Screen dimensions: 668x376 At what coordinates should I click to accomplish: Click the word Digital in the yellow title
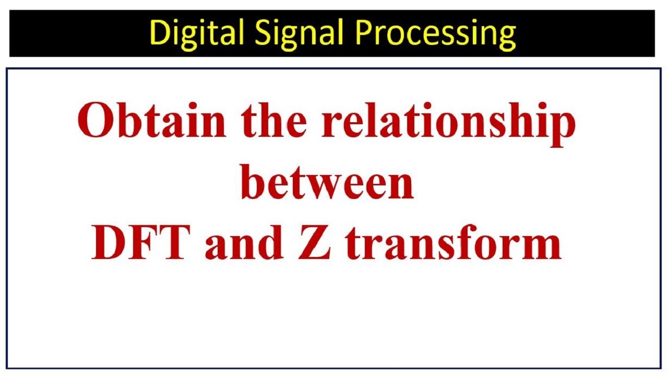point(197,33)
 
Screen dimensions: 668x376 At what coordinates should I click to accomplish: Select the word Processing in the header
point(435,33)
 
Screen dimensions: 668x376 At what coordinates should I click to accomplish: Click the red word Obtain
point(151,120)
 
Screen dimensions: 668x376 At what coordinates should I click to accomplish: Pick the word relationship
point(448,125)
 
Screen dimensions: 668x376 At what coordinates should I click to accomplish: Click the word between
point(327,181)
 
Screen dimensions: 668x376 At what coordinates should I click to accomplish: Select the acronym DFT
point(141,242)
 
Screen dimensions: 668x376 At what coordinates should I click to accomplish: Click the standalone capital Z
point(315,242)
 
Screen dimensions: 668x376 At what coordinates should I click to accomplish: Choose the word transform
point(454,242)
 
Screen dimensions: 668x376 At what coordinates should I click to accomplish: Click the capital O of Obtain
point(96,120)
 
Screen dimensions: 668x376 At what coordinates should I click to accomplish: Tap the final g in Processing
point(506,38)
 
